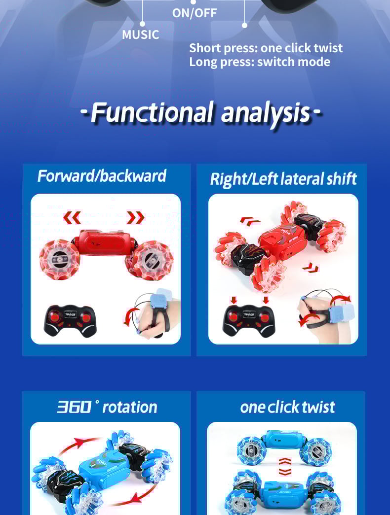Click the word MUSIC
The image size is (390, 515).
pyautogui.click(x=141, y=34)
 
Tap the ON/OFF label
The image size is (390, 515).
pyautogui.click(x=195, y=13)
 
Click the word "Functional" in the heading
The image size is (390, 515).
pyautogui.click(x=152, y=113)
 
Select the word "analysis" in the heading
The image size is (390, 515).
pyautogui.click(x=265, y=114)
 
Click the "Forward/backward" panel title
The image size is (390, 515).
pyautogui.click(x=102, y=176)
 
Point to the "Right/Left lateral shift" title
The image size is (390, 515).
pyautogui.click(x=283, y=179)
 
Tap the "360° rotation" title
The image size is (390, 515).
pyautogui.click(x=107, y=407)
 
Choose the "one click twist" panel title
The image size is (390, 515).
pyautogui.click(x=287, y=407)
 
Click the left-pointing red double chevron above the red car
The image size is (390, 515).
pyautogui.click(x=72, y=217)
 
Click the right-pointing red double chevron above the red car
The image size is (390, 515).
pyautogui.click(x=136, y=217)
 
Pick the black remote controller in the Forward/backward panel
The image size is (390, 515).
pyautogui.click(x=70, y=321)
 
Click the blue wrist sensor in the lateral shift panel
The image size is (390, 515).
pyautogui.click(x=342, y=314)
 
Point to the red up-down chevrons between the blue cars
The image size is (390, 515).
pyautogui.click(x=285, y=467)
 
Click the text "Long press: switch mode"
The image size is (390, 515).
pyautogui.click(x=260, y=62)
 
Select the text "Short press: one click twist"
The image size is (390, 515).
pyautogui.click(x=266, y=48)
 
